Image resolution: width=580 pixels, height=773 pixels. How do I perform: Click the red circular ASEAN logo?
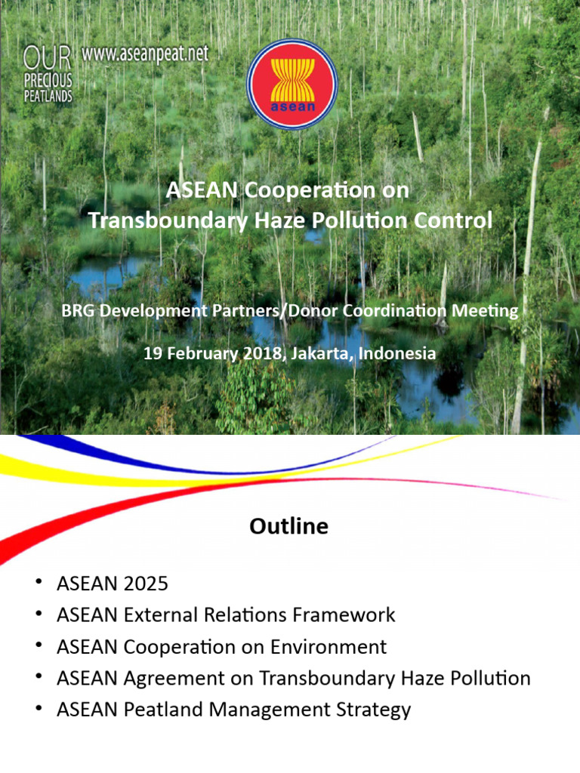click(x=291, y=84)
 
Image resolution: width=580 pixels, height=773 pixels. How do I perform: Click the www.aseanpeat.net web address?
click(x=144, y=54)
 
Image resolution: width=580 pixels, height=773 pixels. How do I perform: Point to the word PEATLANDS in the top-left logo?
click(x=48, y=96)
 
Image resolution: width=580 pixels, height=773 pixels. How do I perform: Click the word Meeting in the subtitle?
click(x=490, y=310)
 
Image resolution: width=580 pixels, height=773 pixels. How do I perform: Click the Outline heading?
click(x=289, y=526)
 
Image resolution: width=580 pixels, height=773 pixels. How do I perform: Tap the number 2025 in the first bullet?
click(x=143, y=584)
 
